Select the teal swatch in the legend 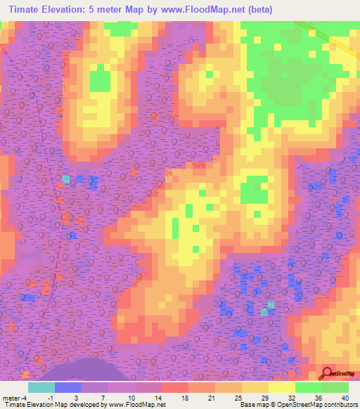41,387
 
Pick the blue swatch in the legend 67,387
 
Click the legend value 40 344,397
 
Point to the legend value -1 49,397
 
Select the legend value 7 103,397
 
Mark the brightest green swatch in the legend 335,387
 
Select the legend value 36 319,397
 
